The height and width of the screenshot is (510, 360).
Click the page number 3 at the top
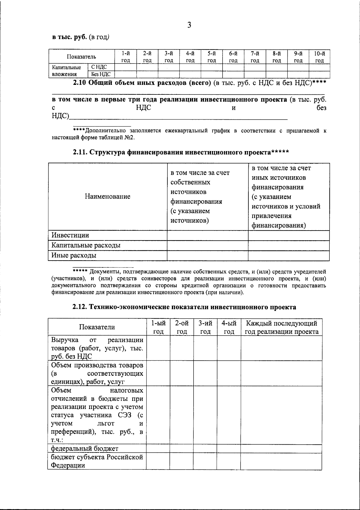pos(189,25)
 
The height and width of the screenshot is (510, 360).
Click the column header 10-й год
pos(319,57)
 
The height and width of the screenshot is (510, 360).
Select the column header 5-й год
pos(212,57)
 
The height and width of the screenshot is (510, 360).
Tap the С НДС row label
pos(99,67)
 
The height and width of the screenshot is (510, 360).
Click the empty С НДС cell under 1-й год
pos(125,67)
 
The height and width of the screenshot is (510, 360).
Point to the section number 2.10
pos(80,83)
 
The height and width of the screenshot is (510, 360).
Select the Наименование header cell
pos(107,196)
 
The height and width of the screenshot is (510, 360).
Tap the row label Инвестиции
pos(70,235)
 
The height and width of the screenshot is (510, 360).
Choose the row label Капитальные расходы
pos(86,245)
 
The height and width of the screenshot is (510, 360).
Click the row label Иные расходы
pos(74,255)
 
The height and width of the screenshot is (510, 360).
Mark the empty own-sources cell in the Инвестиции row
pos(207,235)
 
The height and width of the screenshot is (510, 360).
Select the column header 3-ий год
pos(205,327)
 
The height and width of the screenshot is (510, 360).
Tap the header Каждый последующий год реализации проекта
pos(281,327)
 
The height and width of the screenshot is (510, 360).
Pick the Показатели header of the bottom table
pos(97,327)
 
